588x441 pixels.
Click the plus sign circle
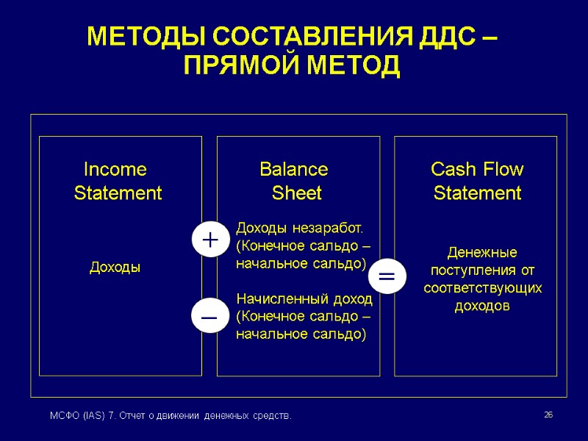209,240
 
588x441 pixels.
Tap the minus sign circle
209,315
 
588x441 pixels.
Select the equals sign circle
386,276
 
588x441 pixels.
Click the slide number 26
548,416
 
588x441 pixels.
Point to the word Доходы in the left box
115,268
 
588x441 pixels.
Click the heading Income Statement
117,182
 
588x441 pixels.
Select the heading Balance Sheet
295,182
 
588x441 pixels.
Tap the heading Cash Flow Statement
477,182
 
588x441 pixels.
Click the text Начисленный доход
304,300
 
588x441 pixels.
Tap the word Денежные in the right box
483,253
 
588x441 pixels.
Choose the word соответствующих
483,288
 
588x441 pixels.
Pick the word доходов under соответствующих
483,306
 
